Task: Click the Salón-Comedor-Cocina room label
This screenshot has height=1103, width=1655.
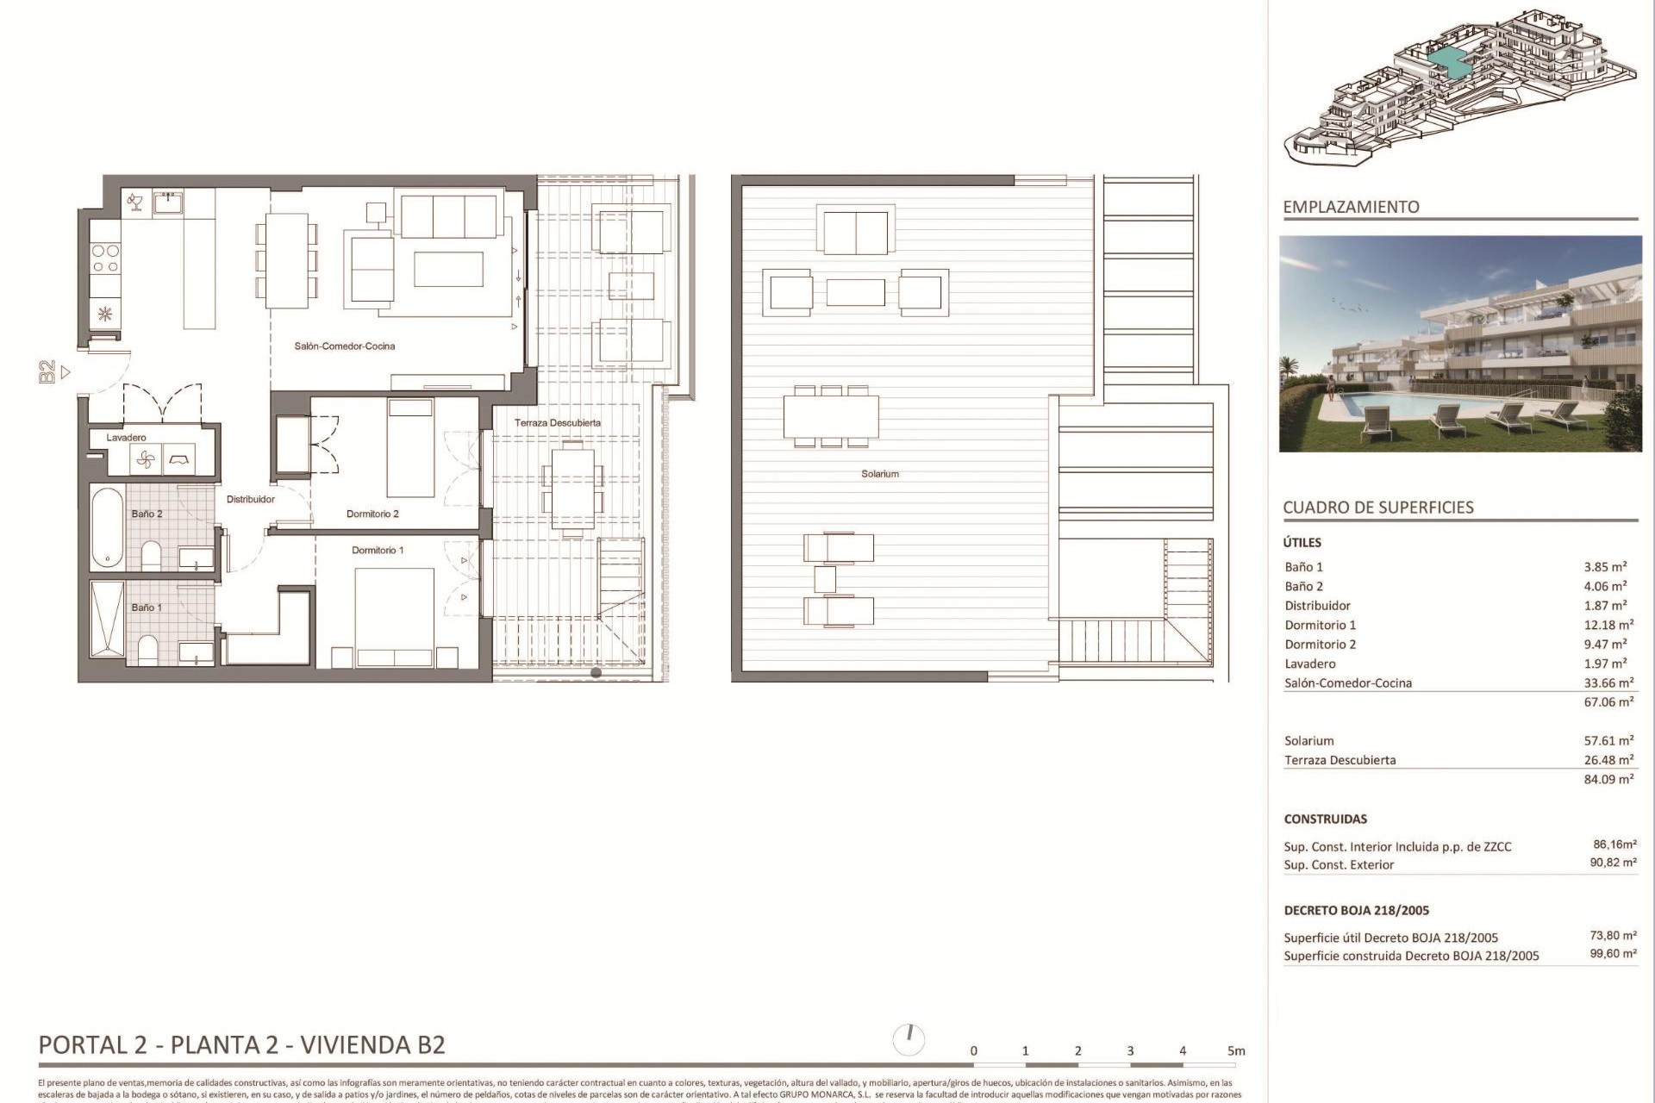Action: (x=345, y=346)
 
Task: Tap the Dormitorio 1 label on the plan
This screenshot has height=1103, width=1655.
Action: (x=378, y=550)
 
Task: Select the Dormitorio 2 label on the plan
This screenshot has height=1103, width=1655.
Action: (x=372, y=514)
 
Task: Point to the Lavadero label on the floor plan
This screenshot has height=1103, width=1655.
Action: (x=126, y=438)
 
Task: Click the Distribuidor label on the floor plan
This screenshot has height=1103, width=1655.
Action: (x=250, y=499)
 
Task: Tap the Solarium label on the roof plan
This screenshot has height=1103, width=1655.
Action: (x=879, y=474)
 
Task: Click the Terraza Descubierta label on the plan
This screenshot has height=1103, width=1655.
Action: (x=557, y=422)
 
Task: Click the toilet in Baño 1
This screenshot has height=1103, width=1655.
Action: (x=147, y=651)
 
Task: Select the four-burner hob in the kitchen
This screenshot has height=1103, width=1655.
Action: (x=105, y=259)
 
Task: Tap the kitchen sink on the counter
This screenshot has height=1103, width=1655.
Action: (x=167, y=203)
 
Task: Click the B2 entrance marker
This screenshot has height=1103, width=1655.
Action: (x=47, y=372)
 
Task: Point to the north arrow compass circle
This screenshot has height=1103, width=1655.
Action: (x=909, y=1039)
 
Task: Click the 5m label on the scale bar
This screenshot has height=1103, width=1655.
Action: (x=1236, y=1050)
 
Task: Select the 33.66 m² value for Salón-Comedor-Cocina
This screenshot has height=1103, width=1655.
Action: (x=1608, y=683)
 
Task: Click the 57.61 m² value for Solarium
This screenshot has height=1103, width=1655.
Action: (x=1608, y=741)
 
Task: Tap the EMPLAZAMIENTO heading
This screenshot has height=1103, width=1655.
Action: (x=1351, y=207)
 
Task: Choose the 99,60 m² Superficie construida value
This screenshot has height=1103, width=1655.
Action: (x=1613, y=954)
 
